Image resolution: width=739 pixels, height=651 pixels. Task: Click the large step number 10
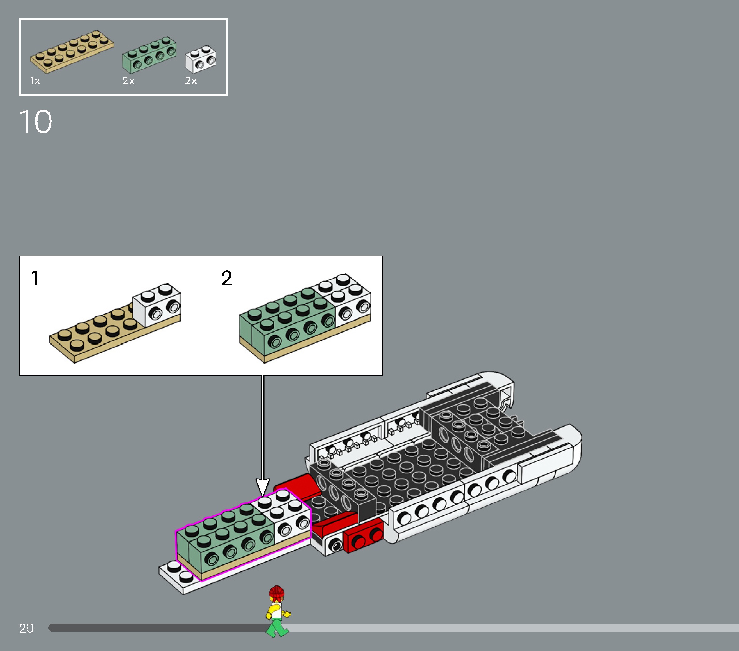point(35,122)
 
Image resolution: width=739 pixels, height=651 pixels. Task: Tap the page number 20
point(26,628)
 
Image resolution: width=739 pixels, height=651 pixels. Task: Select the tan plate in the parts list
point(72,51)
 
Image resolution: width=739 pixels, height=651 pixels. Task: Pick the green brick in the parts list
point(149,55)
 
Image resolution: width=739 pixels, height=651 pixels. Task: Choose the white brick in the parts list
point(201,59)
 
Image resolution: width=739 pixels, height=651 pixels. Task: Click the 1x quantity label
point(35,81)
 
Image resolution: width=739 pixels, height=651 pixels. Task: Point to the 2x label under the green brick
point(128,81)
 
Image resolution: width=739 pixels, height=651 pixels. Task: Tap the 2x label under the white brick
point(191,81)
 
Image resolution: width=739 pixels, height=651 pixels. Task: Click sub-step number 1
point(35,278)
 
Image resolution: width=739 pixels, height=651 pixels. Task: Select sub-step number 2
point(227,278)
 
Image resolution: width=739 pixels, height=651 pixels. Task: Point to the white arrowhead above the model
point(263,487)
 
